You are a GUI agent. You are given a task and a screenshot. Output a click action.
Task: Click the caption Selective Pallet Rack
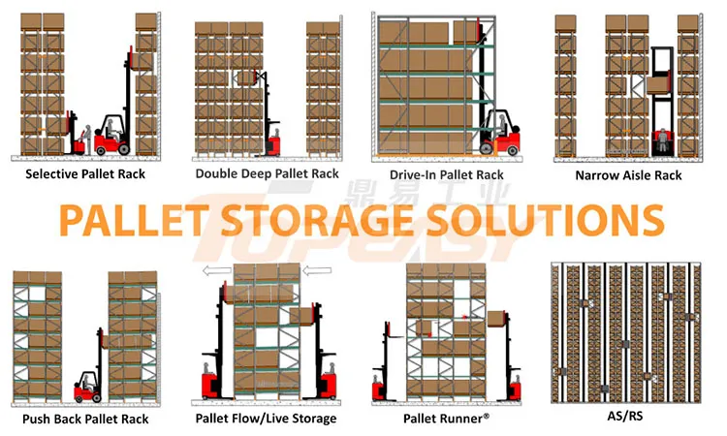point(87,175)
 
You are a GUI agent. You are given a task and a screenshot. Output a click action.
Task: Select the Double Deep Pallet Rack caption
point(268,173)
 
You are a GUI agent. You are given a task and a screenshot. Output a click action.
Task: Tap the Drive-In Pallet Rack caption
point(447,174)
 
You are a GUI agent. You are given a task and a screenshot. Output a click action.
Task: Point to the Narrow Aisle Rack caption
point(628,175)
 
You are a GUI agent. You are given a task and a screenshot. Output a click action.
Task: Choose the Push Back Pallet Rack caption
point(86,419)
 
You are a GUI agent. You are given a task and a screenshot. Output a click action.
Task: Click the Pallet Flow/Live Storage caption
point(266,419)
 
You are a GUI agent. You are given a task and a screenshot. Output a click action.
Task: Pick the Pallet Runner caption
point(446,419)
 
